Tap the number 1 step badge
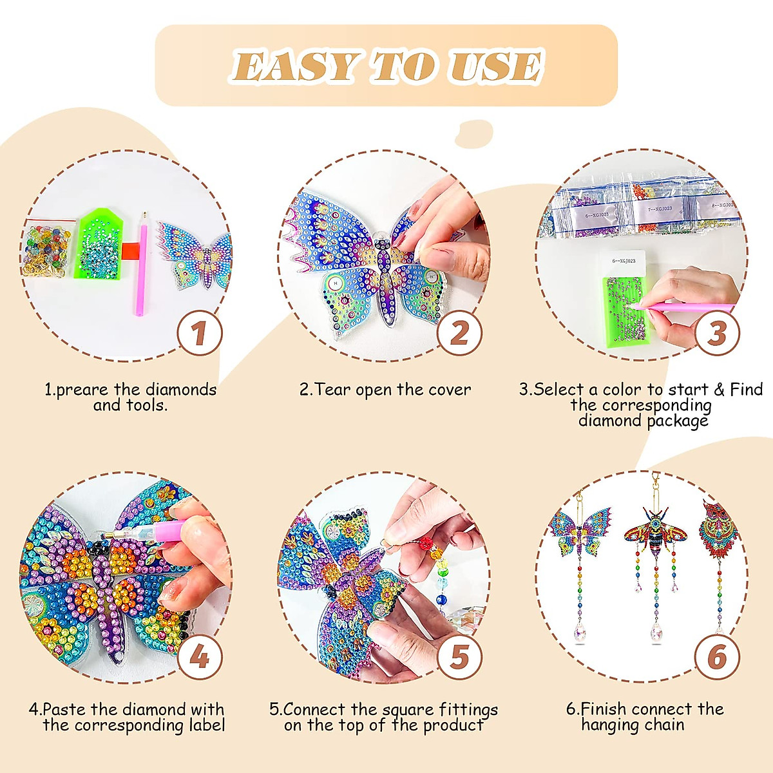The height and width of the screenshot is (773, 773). coord(200,334)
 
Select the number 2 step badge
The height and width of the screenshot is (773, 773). coord(459,334)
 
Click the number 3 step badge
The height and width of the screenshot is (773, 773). coord(717,334)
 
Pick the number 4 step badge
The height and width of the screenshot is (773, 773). coord(200,657)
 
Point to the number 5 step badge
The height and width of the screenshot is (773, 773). coord(459,657)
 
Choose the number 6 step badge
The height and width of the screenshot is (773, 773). coord(717,657)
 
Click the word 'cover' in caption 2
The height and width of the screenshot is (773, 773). coord(448,390)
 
